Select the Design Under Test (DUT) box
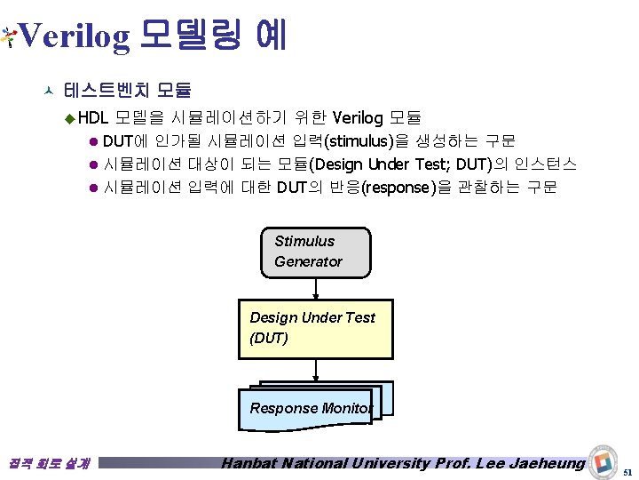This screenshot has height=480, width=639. tap(315, 329)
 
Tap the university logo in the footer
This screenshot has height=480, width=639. tap(603, 461)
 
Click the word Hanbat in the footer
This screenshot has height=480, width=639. tap(252, 463)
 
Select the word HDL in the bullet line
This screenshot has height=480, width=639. tap(92, 117)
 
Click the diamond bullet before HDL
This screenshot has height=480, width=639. tap(71, 118)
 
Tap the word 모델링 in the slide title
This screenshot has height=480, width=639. tap(189, 36)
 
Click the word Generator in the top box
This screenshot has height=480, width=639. tap(308, 261)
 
